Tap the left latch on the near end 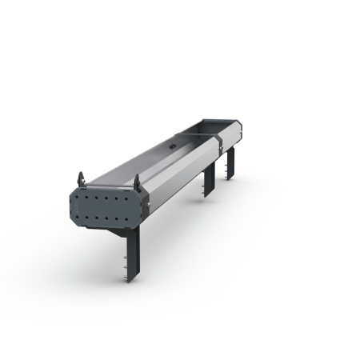[x=80, y=178]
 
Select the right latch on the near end [x=136, y=180]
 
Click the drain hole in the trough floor [x=171, y=148]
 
